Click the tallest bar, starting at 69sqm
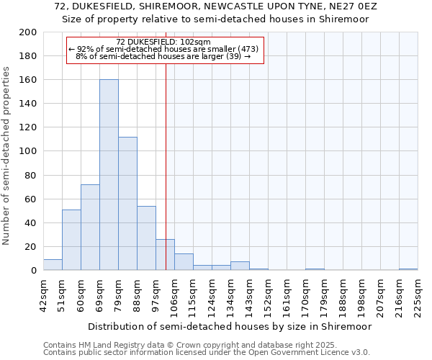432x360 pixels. [109, 175]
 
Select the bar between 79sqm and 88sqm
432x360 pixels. [127, 204]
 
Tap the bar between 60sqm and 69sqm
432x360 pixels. [90, 228]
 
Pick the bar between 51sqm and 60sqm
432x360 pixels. [71, 240]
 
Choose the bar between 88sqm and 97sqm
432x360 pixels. [146, 238]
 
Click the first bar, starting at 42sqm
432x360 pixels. [53, 265]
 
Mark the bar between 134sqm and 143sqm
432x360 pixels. [240, 266]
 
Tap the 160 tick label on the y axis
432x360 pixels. [27, 80]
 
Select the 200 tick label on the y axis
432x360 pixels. [27, 32]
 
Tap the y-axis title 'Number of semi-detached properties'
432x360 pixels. [6, 156]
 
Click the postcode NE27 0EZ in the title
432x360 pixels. [347, 6]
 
